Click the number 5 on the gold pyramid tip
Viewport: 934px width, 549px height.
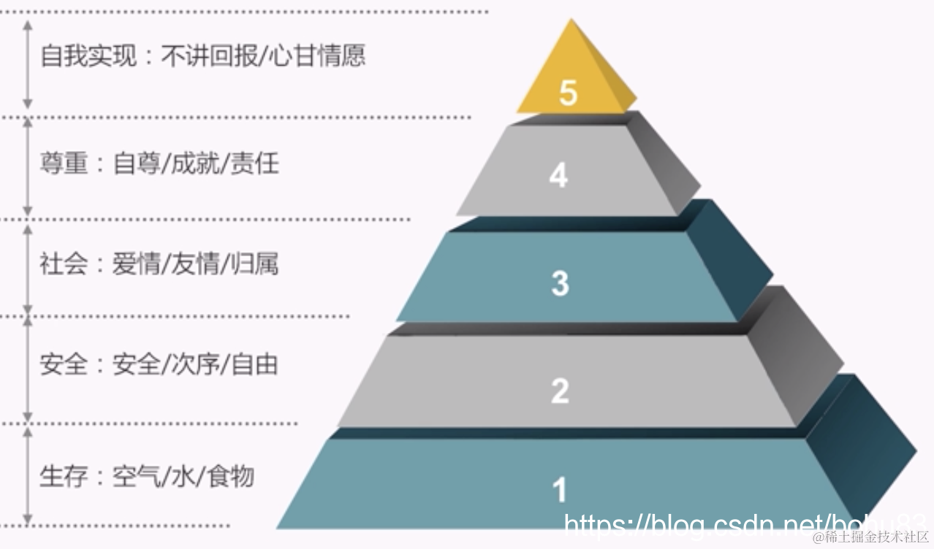click(x=568, y=93)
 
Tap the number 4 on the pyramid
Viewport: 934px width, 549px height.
click(x=558, y=176)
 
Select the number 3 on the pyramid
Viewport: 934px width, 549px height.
click(x=560, y=283)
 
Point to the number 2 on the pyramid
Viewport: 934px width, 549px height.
click(x=560, y=391)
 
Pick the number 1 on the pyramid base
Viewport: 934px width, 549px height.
click(x=560, y=490)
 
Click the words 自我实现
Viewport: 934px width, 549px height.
click(x=88, y=56)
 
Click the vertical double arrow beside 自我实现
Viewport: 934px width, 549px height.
click(x=28, y=64)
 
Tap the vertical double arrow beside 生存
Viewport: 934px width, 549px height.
click(x=28, y=476)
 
